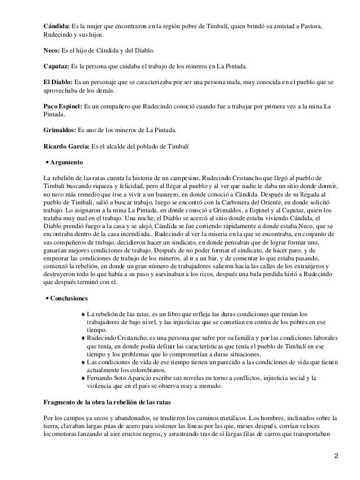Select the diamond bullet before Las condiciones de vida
[84, 362]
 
